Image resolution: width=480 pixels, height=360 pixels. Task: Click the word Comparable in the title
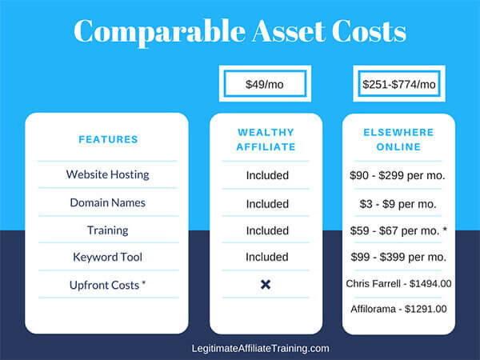[159, 32]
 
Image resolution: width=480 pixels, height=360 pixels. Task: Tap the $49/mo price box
[265, 83]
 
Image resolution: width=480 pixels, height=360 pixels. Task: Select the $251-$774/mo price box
[399, 83]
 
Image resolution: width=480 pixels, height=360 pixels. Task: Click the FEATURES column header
[108, 139]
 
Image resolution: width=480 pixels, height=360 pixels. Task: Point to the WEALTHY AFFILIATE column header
[266, 139]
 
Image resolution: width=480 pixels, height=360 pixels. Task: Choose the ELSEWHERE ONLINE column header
[398, 139]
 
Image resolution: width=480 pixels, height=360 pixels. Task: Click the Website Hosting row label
[107, 174]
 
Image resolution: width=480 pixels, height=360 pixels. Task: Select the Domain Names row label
[107, 202]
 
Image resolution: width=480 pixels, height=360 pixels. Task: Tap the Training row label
[107, 230]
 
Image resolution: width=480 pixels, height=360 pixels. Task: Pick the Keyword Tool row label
[107, 257]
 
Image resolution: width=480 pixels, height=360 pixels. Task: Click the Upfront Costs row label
[107, 285]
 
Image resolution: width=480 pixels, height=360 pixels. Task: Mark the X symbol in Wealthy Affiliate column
[266, 285]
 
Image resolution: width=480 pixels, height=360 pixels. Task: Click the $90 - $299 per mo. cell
[398, 175]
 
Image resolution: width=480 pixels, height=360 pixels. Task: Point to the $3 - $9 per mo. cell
[398, 204]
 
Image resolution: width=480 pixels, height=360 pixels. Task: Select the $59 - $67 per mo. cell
[398, 230]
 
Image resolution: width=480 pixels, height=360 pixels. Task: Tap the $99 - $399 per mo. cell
[398, 257]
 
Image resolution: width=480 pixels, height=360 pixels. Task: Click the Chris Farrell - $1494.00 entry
[398, 284]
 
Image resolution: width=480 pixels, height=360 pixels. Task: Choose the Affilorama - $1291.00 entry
[398, 309]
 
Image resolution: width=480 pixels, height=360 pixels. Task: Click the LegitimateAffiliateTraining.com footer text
[261, 348]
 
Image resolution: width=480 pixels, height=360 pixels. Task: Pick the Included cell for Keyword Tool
[267, 257]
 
